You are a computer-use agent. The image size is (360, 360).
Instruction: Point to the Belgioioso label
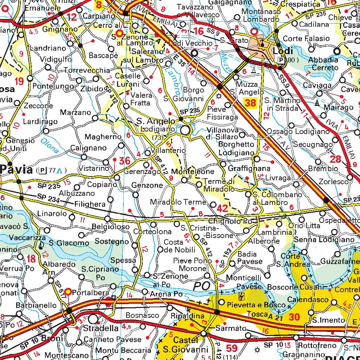pos(110,227)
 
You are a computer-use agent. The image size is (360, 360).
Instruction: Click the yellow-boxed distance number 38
pos(250,103)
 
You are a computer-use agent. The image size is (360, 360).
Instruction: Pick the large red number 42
pos(222,208)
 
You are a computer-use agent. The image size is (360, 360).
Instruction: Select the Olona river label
pos(49,145)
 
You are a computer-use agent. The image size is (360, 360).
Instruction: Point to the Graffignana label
pos(249,168)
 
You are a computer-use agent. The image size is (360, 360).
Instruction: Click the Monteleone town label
pos(193,172)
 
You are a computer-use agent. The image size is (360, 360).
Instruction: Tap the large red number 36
pos(125,161)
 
